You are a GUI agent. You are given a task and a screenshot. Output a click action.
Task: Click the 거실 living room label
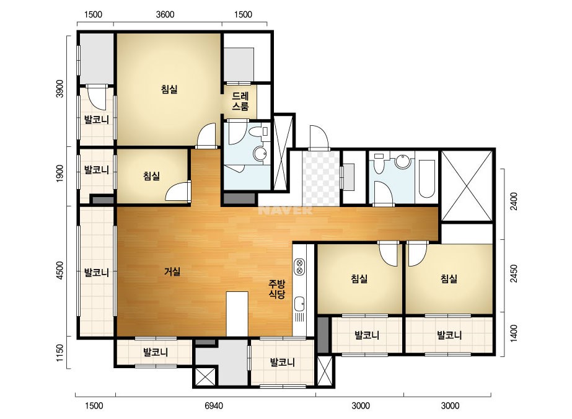tap(172, 271)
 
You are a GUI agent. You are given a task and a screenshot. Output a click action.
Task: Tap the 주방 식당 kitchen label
tap(277, 289)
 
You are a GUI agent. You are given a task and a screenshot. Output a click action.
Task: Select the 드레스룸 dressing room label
tap(240, 102)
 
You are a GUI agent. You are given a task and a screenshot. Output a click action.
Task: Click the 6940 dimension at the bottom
tap(214, 405)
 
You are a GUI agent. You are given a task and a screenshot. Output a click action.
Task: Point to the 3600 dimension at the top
tap(165, 15)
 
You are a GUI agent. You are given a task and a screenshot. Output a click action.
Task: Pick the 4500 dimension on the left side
tap(60, 271)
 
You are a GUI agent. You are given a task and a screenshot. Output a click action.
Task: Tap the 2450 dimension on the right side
tap(514, 273)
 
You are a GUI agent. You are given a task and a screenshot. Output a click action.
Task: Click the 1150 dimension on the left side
tap(60, 353)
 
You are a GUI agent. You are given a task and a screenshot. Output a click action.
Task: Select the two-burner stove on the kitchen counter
tap(299, 267)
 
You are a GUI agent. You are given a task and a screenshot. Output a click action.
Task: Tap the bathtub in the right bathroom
tap(426, 178)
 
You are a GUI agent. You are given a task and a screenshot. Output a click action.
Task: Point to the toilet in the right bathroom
tap(379, 164)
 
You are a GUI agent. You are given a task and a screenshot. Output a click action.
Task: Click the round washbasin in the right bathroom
tap(403, 161)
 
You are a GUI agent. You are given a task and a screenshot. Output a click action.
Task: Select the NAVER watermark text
tap(285, 211)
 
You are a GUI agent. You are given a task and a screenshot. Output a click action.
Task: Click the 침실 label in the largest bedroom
tap(169, 89)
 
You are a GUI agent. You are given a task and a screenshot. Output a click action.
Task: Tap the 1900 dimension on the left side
tap(60, 174)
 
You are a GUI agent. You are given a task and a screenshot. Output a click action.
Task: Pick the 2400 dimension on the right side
tap(514, 201)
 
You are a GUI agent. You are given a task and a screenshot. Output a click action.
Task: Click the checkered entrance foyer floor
tap(321, 179)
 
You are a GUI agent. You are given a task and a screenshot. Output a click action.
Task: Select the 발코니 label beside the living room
tap(97, 272)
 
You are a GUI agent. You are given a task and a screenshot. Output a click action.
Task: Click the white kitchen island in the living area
tap(237, 314)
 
